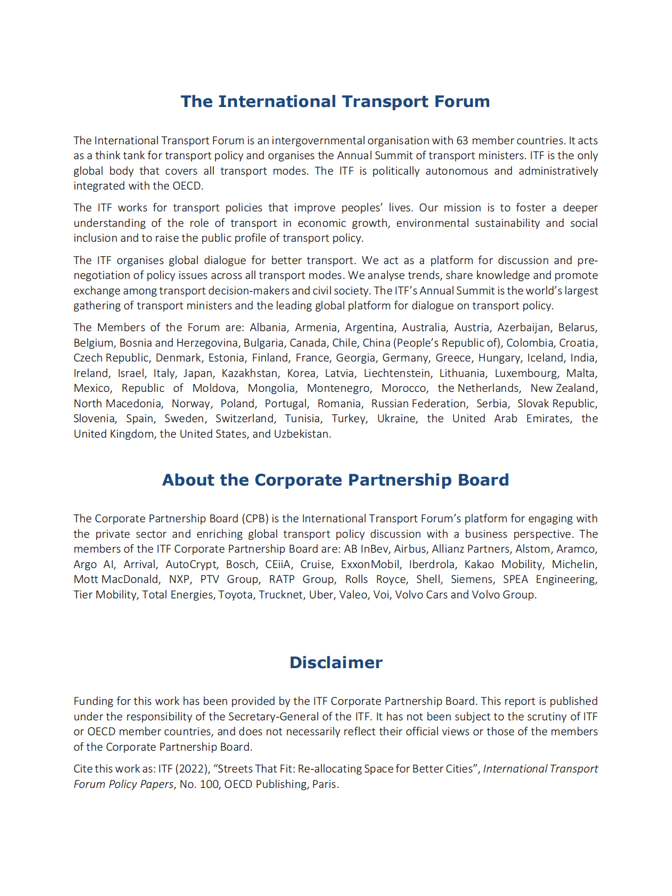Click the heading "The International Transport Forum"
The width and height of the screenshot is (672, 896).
point(335,101)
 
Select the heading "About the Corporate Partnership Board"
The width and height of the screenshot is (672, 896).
point(335,480)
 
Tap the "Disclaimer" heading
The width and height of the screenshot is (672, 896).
point(335,662)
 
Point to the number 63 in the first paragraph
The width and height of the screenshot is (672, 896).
point(462,141)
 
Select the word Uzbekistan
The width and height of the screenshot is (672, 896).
point(301,434)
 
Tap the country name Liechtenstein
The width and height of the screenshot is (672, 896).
point(398,373)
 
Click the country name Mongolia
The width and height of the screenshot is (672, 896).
point(271,388)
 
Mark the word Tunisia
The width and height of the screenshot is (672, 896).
point(302,418)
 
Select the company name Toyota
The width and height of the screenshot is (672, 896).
point(235,595)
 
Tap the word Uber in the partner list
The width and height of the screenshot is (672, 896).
point(321,595)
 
